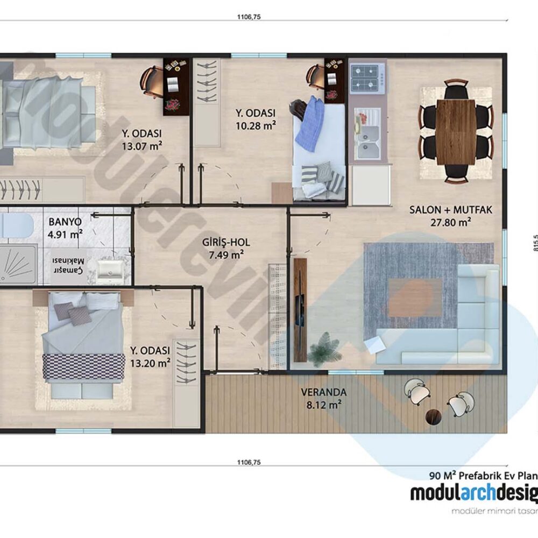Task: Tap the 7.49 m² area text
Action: [226, 254]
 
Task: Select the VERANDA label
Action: [323, 392]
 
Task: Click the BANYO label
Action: [65, 221]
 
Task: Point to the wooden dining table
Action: [456, 132]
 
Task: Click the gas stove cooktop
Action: [367, 78]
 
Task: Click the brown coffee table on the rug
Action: [415, 298]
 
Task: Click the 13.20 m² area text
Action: [150, 362]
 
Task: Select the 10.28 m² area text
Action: [256, 125]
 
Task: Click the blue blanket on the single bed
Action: [310, 125]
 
